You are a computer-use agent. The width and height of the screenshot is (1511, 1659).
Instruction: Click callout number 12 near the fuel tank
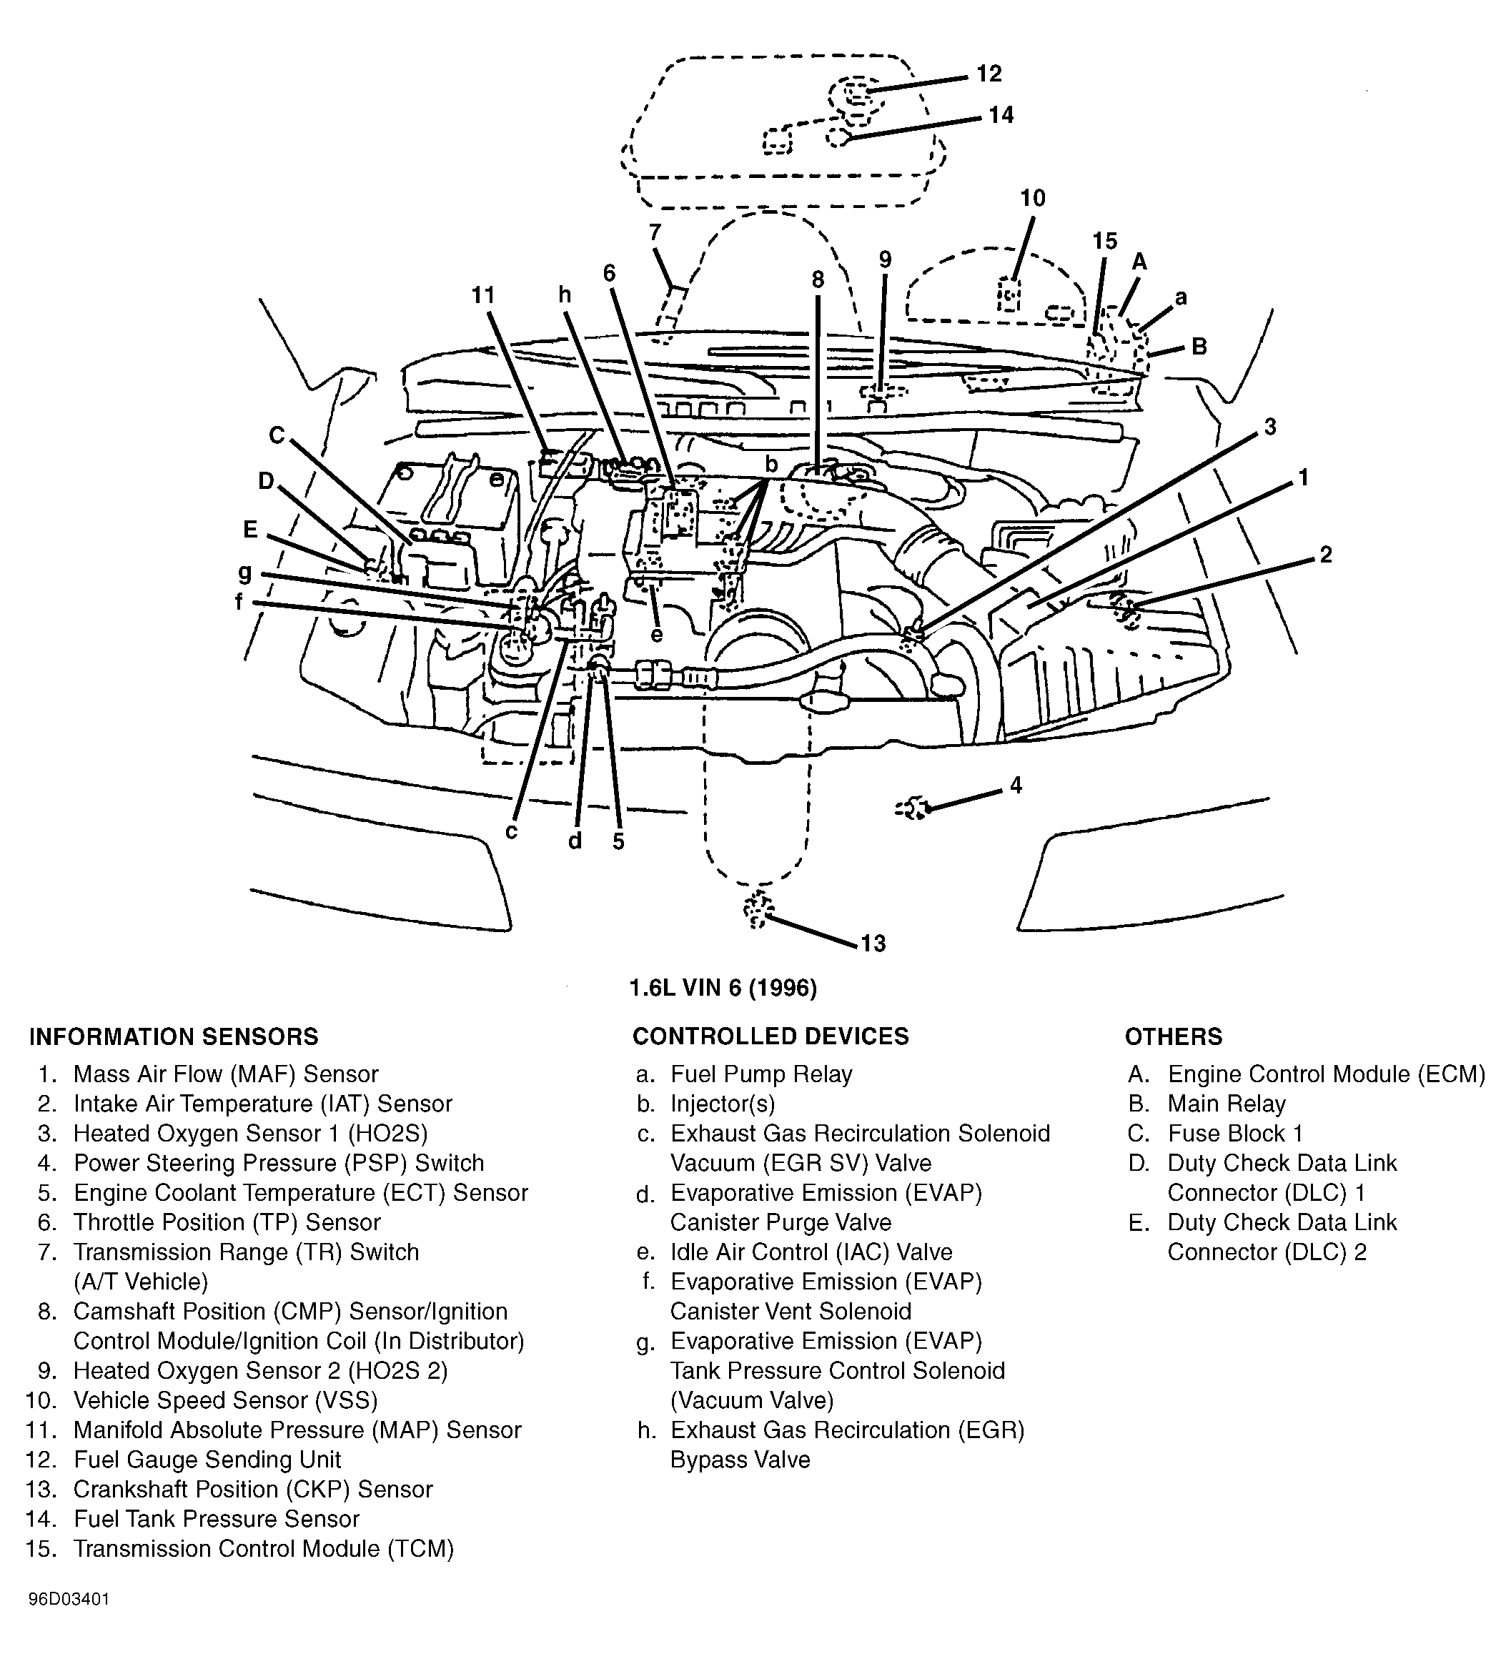(989, 74)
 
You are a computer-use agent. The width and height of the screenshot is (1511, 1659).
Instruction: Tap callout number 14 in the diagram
(1001, 115)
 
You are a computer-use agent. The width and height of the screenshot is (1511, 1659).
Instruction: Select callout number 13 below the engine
(873, 943)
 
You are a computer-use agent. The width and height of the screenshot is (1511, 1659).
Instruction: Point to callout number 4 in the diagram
(1016, 786)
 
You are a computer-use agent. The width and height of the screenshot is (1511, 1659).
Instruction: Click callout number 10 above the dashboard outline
(1033, 198)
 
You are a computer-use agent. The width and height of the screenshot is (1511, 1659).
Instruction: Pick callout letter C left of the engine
(277, 435)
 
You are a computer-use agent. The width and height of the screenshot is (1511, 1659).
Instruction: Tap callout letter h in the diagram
(565, 294)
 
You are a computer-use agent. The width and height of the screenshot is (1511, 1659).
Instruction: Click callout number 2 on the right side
(1325, 555)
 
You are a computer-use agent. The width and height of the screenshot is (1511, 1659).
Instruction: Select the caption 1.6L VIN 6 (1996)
(723, 988)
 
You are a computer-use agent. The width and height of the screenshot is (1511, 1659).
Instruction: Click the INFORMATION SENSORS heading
(174, 1036)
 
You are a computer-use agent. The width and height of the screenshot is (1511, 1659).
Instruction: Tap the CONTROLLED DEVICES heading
(771, 1036)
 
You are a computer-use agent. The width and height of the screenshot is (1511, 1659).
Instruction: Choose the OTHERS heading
(1174, 1036)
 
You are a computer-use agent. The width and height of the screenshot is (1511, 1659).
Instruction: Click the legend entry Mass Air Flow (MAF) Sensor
(225, 1074)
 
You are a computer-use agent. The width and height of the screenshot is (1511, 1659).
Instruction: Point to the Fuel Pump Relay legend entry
(761, 1074)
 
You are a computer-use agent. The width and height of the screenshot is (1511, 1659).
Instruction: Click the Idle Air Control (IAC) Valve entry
(811, 1252)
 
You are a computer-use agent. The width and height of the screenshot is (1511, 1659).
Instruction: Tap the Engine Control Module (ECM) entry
(1326, 1074)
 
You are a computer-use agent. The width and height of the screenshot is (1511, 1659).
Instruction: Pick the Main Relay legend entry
(1227, 1104)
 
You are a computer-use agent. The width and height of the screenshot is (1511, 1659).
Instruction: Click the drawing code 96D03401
(69, 1622)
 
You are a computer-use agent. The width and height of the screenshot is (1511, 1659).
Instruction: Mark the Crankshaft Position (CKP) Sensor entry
(252, 1489)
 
